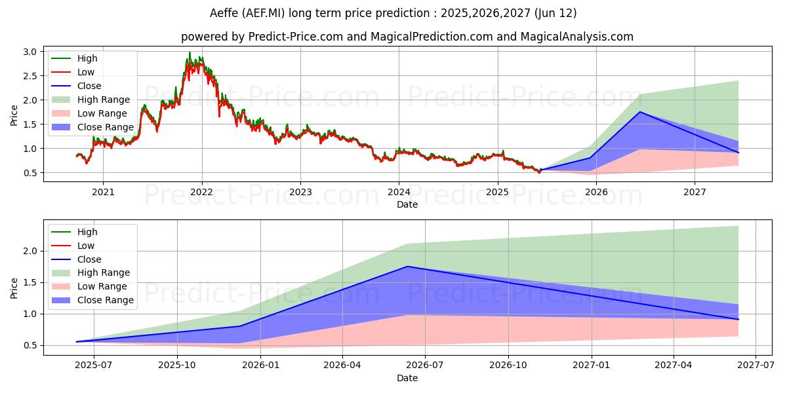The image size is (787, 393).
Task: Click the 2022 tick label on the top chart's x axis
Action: (x=201, y=192)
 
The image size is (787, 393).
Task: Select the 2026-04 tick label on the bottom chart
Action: (x=343, y=365)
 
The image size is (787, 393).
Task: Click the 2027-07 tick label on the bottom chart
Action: (x=756, y=365)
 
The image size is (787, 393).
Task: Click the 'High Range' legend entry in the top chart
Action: (x=104, y=100)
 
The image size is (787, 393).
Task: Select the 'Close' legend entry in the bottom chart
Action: (x=89, y=259)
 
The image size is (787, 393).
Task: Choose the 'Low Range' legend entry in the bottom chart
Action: (x=102, y=286)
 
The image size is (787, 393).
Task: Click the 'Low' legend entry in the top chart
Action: (x=86, y=72)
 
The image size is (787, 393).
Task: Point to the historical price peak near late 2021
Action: (x=190, y=52)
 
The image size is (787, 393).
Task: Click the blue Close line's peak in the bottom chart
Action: (x=408, y=267)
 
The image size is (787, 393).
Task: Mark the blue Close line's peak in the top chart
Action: (x=640, y=112)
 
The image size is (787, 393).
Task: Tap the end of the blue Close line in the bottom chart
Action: (x=738, y=320)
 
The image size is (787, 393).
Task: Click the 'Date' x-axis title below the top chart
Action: (x=407, y=204)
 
